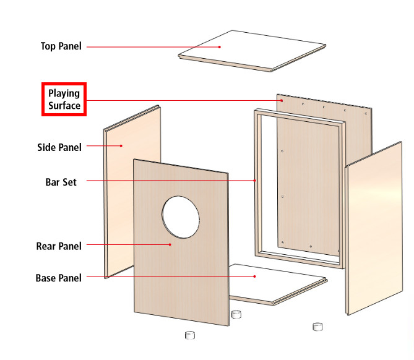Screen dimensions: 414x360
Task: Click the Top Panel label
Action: (x=61, y=46)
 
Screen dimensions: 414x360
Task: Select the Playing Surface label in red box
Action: (x=64, y=99)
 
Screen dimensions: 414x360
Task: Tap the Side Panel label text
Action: (x=59, y=147)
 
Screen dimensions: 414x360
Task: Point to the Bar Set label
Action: (x=61, y=182)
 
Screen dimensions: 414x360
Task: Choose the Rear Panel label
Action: (x=59, y=246)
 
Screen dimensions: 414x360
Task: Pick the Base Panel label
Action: (x=59, y=278)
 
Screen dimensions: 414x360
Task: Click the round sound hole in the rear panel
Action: (x=181, y=217)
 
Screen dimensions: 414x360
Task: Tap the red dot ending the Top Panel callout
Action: (x=220, y=47)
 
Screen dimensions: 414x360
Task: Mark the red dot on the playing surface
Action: (x=282, y=101)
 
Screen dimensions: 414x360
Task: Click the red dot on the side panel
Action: (x=121, y=146)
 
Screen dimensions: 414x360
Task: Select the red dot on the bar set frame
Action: (x=255, y=181)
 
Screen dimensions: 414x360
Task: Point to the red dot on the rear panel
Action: (x=170, y=245)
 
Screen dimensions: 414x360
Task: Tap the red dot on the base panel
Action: (x=254, y=276)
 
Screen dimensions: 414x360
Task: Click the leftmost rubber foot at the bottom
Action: (x=190, y=335)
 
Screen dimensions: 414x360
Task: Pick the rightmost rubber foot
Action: (x=317, y=327)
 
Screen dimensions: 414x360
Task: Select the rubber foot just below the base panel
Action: (x=236, y=314)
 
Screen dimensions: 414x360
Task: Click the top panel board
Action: (x=252, y=51)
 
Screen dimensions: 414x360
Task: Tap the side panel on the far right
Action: (x=374, y=229)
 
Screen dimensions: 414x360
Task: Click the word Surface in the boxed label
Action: (x=64, y=106)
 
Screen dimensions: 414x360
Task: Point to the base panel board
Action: (x=277, y=285)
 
